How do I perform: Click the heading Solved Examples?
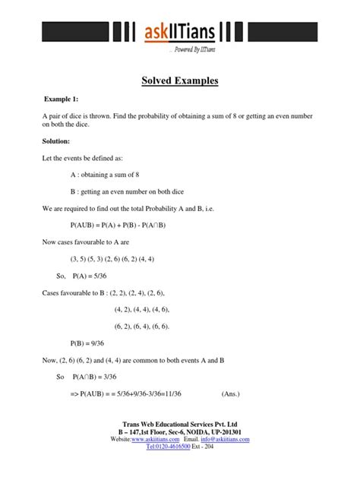coord(180,80)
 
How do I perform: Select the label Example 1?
coord(62,99)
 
